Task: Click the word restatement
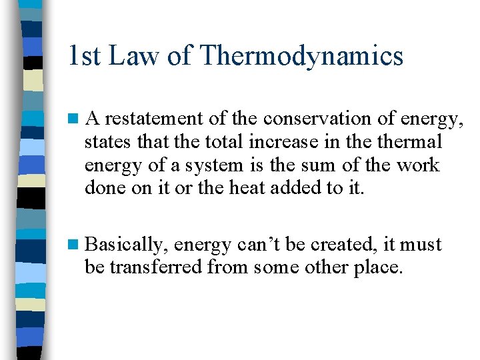click(154, 119)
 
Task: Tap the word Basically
click(125, 245)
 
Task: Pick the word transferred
click(155, 268)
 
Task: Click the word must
click(421, 245)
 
